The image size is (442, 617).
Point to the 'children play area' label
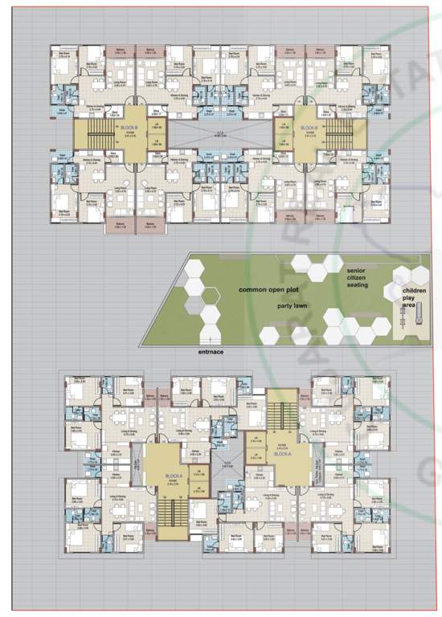(415, 296)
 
